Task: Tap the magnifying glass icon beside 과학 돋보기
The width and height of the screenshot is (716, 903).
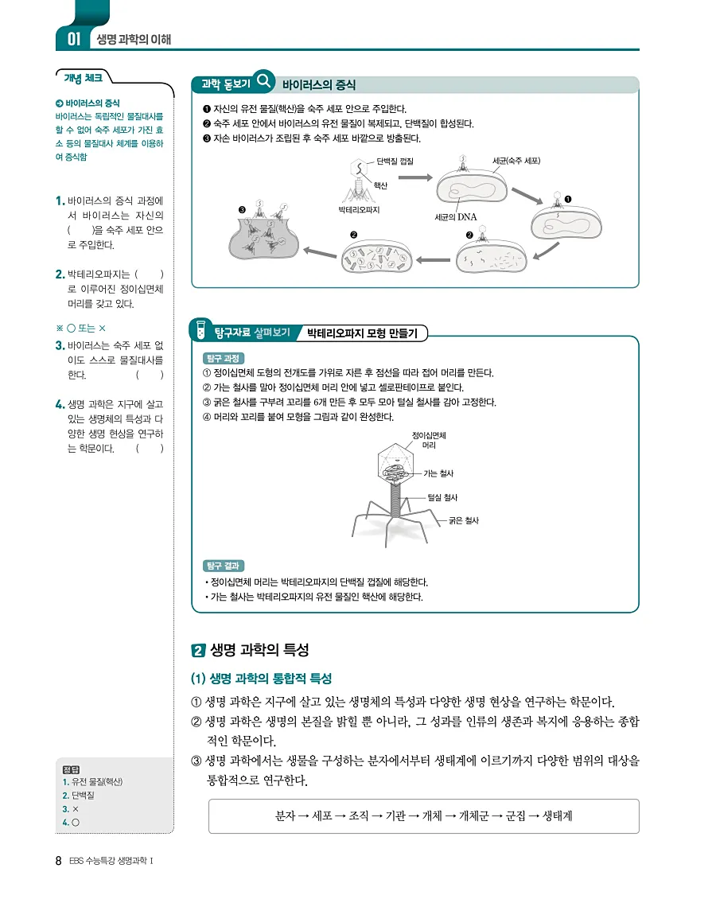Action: point(264,81)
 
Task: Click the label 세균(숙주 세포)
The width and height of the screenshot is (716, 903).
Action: point(516,162)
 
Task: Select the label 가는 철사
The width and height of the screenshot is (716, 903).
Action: point(438,473)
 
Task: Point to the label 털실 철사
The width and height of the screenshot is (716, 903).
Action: point(442,497)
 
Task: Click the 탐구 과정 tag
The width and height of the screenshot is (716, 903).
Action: point(224,358)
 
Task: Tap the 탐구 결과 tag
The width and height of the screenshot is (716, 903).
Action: point(224,566)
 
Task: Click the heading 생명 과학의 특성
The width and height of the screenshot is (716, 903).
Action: point(259,649)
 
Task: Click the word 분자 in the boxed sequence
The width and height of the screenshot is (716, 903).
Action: point(285,815)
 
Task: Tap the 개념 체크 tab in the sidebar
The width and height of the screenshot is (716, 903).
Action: point(83,77)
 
